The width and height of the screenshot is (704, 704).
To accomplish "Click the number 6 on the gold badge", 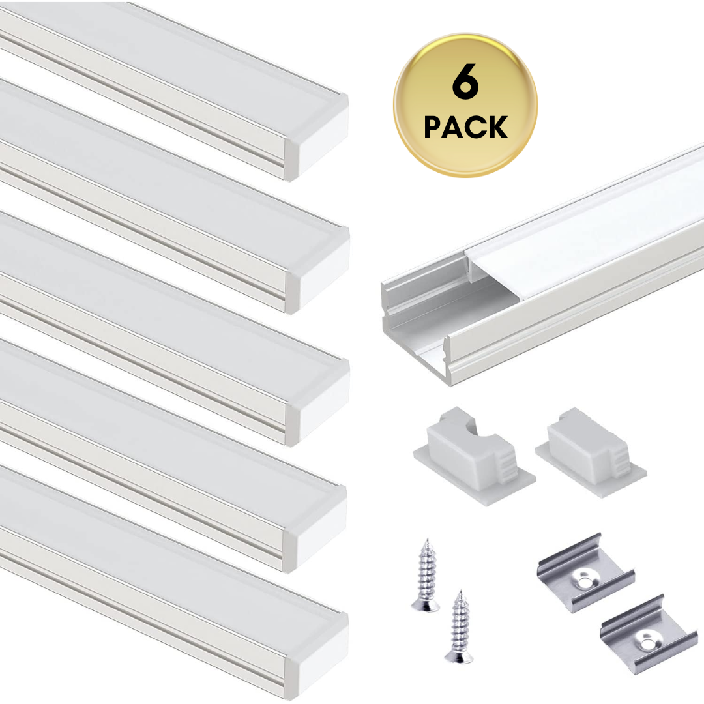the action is click(x=465, y=84).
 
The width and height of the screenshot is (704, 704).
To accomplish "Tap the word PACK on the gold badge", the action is click(x=465, y=127).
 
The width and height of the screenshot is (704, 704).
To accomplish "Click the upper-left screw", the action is click(x=425, y=575).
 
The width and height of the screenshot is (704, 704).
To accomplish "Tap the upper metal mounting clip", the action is click(x=585, y=574).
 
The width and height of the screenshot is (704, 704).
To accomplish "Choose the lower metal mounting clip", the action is click(x=649, y=634).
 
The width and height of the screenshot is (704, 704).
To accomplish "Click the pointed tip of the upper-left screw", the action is click(x=428, y=540).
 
